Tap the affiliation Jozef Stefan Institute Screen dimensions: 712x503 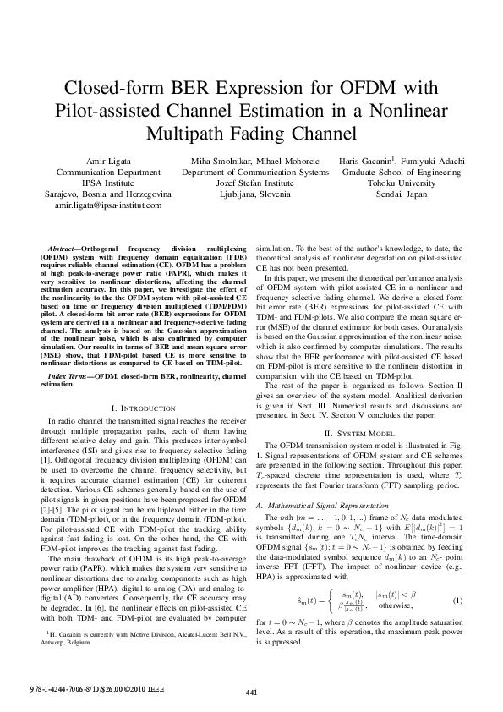point(254,183)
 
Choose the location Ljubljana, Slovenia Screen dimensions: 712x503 point(254,194)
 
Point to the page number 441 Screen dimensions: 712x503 point(251,693)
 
